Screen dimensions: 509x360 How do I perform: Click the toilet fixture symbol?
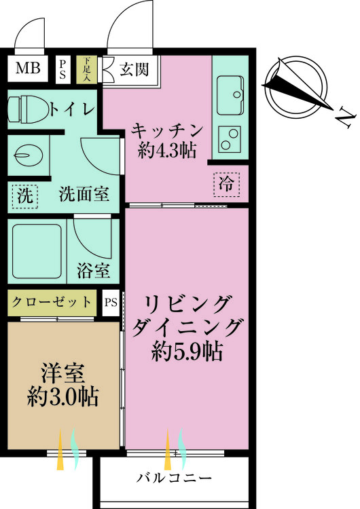26,107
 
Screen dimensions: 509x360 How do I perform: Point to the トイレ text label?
71,109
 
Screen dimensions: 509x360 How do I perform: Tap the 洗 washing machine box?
25,196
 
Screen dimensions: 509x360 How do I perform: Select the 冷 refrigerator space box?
227,184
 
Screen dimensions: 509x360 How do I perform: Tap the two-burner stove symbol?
232,138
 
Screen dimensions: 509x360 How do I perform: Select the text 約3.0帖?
62,396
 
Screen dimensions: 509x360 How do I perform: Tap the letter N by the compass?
346,120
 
